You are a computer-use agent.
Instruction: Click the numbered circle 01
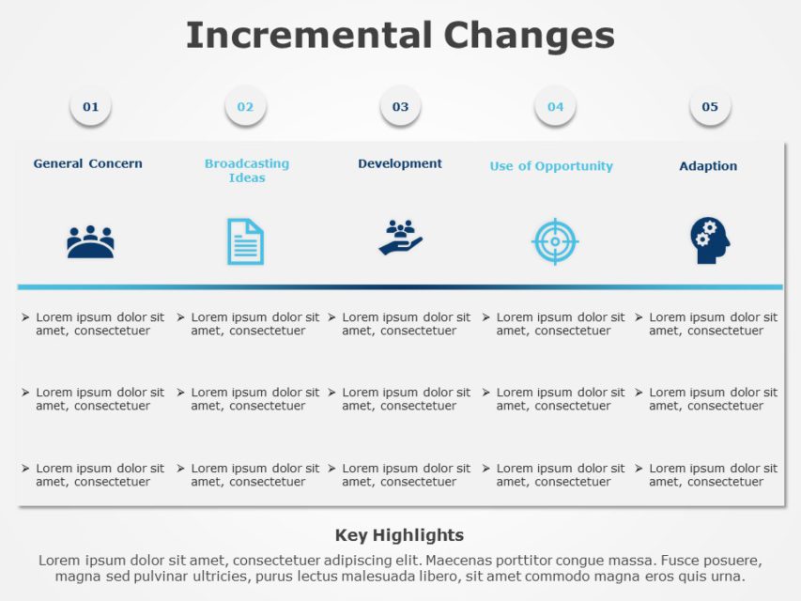pos(90,107)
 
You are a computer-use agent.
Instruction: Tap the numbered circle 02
pos(245,107)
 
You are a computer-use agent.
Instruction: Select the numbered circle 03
pos(400,107)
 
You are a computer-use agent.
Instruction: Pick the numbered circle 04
pos(555,107)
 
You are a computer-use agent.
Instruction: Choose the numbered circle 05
pos(710,107)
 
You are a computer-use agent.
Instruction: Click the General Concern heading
pos(88,163)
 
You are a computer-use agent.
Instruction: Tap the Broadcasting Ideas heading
pos(247,170)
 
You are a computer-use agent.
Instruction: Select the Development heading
pos(400,163)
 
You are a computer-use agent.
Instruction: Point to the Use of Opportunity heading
pos(551,166)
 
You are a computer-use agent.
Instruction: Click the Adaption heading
pos(708,166)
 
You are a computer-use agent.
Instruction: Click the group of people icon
pos(90,242)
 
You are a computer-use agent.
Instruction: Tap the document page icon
pos(245,241)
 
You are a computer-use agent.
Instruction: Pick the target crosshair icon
pos(555,241)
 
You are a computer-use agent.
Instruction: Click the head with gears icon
pos(709,240)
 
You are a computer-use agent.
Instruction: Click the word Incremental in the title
pos(309,36)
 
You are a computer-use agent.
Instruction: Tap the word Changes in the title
pos(529,36)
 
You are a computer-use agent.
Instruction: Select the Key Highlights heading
pos(399,535)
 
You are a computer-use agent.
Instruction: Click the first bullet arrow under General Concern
pos(26,317)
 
